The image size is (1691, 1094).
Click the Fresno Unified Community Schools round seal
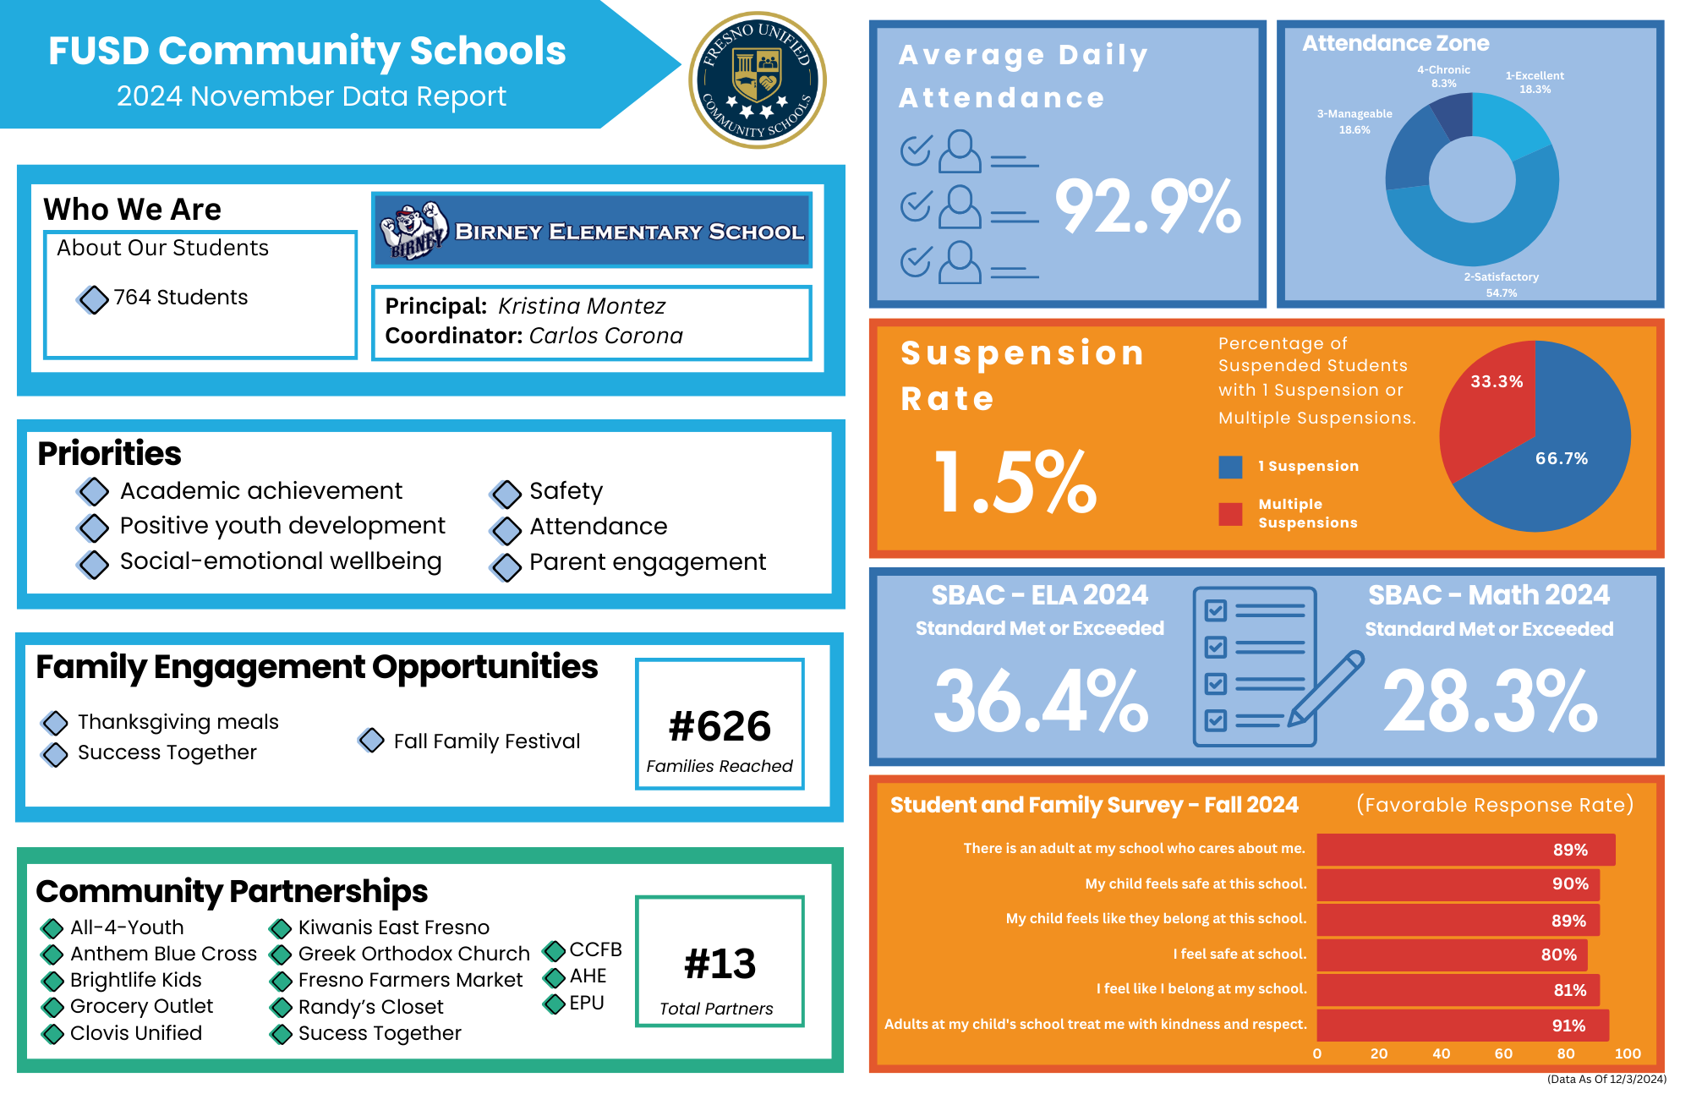coord(758,80)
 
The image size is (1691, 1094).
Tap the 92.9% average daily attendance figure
coord(1147,206)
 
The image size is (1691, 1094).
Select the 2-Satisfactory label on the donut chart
coord(1501,277)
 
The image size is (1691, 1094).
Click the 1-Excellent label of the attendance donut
coord(1535,76)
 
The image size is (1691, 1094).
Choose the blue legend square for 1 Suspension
coord(1230,467)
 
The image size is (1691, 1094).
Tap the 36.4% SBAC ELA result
coord(1041,701)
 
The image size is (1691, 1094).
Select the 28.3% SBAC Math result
coord(1490,701)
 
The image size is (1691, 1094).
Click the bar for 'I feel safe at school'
coord(1451,955)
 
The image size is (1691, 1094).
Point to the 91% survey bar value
coord(1568,1026)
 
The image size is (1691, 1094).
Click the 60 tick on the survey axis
coord(1503,1053)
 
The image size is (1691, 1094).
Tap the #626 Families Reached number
coord(720,726)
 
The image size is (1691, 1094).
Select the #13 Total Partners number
coord(720,964)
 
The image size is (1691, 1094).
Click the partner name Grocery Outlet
coord(141,1006)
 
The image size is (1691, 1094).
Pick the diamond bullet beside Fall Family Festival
coord(371,741)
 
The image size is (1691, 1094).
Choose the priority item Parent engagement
coord(647,562)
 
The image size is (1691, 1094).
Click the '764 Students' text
coord(180,298)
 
